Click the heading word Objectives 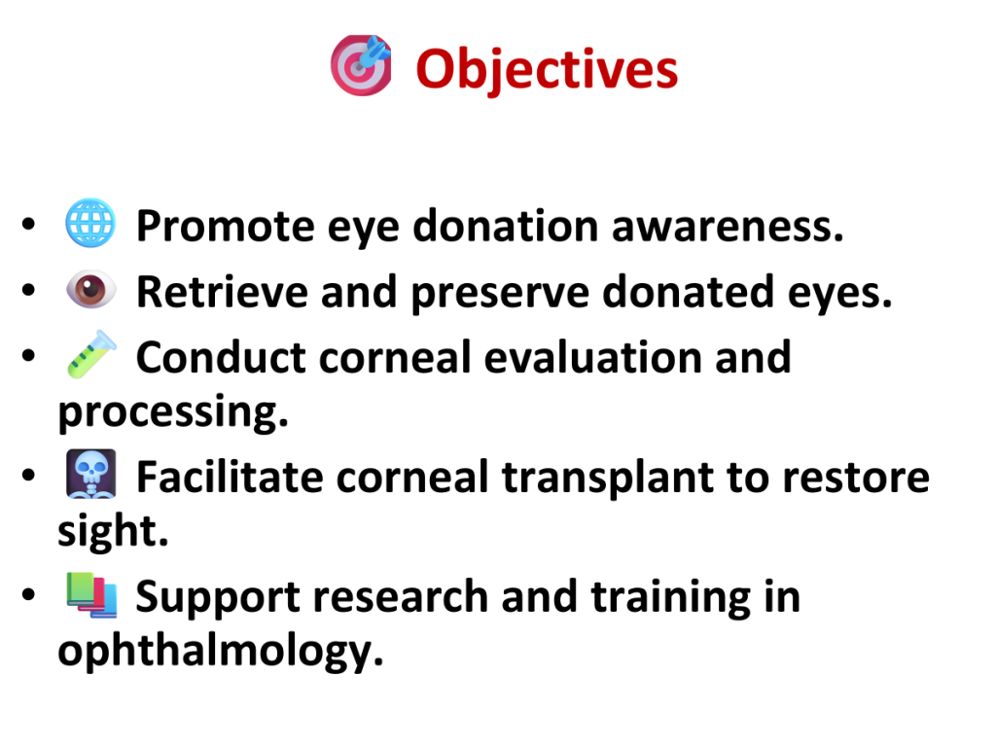547,70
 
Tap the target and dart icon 361,65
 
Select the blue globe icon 90,223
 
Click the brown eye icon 91,290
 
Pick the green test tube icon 91,354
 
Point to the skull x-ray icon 91,474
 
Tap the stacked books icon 91,594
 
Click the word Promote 226,226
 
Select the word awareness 728,226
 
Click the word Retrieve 223,292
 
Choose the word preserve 501,294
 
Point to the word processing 173,412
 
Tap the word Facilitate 230,477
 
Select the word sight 113,531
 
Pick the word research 401,597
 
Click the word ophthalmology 221,652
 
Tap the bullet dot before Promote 28,224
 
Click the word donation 506,226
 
